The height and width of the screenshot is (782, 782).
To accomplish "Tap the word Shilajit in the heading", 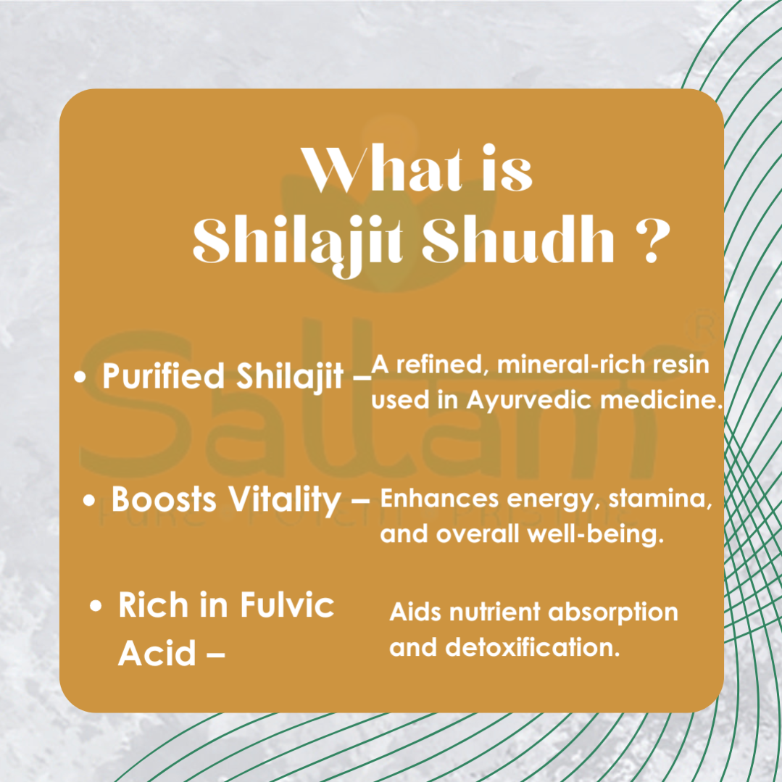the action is (298, 244).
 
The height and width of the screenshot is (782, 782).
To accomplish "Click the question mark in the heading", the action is (652, 241).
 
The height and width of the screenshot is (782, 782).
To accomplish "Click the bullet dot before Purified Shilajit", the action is (80, 377).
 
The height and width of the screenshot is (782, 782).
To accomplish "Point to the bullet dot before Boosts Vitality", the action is (88, 500).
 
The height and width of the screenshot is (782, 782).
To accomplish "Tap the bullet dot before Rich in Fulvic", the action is (96, 606).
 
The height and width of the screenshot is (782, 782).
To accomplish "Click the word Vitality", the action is (284, 500).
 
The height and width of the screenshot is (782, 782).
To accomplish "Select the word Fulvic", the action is (287, 604).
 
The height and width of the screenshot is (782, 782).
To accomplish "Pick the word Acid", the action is (157, 653).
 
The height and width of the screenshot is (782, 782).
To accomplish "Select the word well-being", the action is (596, 534).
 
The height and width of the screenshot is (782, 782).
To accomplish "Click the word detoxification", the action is (533, 647).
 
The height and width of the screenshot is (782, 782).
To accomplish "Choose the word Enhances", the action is (439, 498).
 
